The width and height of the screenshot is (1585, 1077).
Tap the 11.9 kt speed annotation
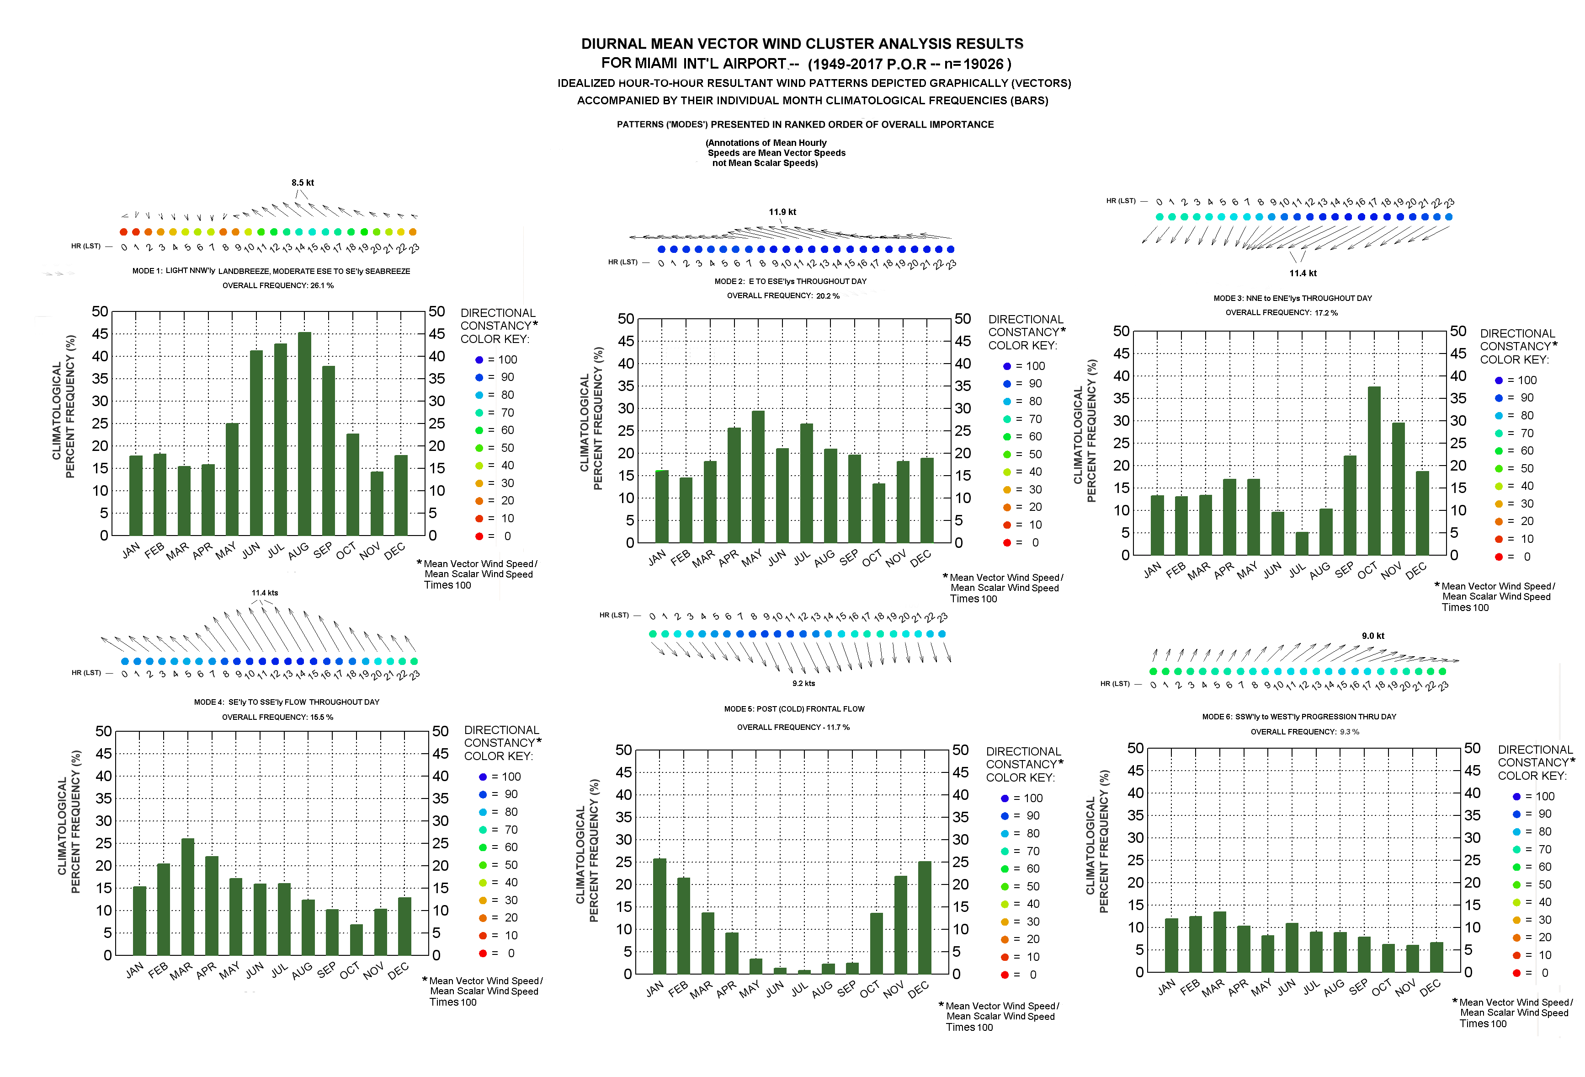(782, 212)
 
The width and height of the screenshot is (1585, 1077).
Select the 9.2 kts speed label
(803, 683)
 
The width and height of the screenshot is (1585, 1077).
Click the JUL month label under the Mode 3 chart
(1297, 569)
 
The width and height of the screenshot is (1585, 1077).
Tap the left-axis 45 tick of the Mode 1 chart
(100, 334)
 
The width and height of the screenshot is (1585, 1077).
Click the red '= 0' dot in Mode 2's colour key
(1007, 542)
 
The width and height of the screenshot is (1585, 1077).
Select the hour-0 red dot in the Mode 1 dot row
(123, 232)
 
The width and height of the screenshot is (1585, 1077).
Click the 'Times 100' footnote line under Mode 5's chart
(968, 1027)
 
